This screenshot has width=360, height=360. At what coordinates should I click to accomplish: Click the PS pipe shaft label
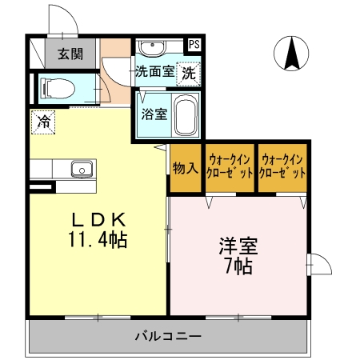pyautogui.click(x=194, y=44)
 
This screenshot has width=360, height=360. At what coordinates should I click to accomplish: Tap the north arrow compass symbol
pyautogui.click(x=291, y=54)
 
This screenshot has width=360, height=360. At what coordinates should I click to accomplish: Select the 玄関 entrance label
pyautogui.click(x=70, y=54)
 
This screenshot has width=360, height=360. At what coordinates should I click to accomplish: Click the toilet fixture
pyautogui.click(x=58, y=89)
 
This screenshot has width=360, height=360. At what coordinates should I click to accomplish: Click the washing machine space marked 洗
pyautogui.click(x=189, y=74)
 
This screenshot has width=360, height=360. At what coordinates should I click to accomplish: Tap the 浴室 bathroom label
pyautogui.click(x=154, y=114)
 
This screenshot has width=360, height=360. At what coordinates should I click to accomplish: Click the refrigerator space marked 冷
pyautogui.click(x=43, y=122)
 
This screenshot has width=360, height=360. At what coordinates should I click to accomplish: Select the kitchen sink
pyautogui.click(x=82, y=169)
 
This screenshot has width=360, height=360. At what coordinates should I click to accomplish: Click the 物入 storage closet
pyautogui.click(x=186, y=168)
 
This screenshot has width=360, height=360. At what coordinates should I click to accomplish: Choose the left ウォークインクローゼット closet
pyautogui.click(x=230, y=168)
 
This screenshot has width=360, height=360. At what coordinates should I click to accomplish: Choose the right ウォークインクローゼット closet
pyautogui.click(x=282, y=168)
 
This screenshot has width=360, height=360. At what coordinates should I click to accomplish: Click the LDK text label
pyautogui.click(x=98, y=220)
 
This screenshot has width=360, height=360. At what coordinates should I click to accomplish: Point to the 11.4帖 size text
pyautogui.click(x=98, y=239)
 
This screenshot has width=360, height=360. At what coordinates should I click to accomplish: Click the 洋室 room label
pyautogui.click(x=238, y=246)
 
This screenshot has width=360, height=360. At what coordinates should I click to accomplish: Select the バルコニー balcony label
pyautogui.click(x=168, y=336)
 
